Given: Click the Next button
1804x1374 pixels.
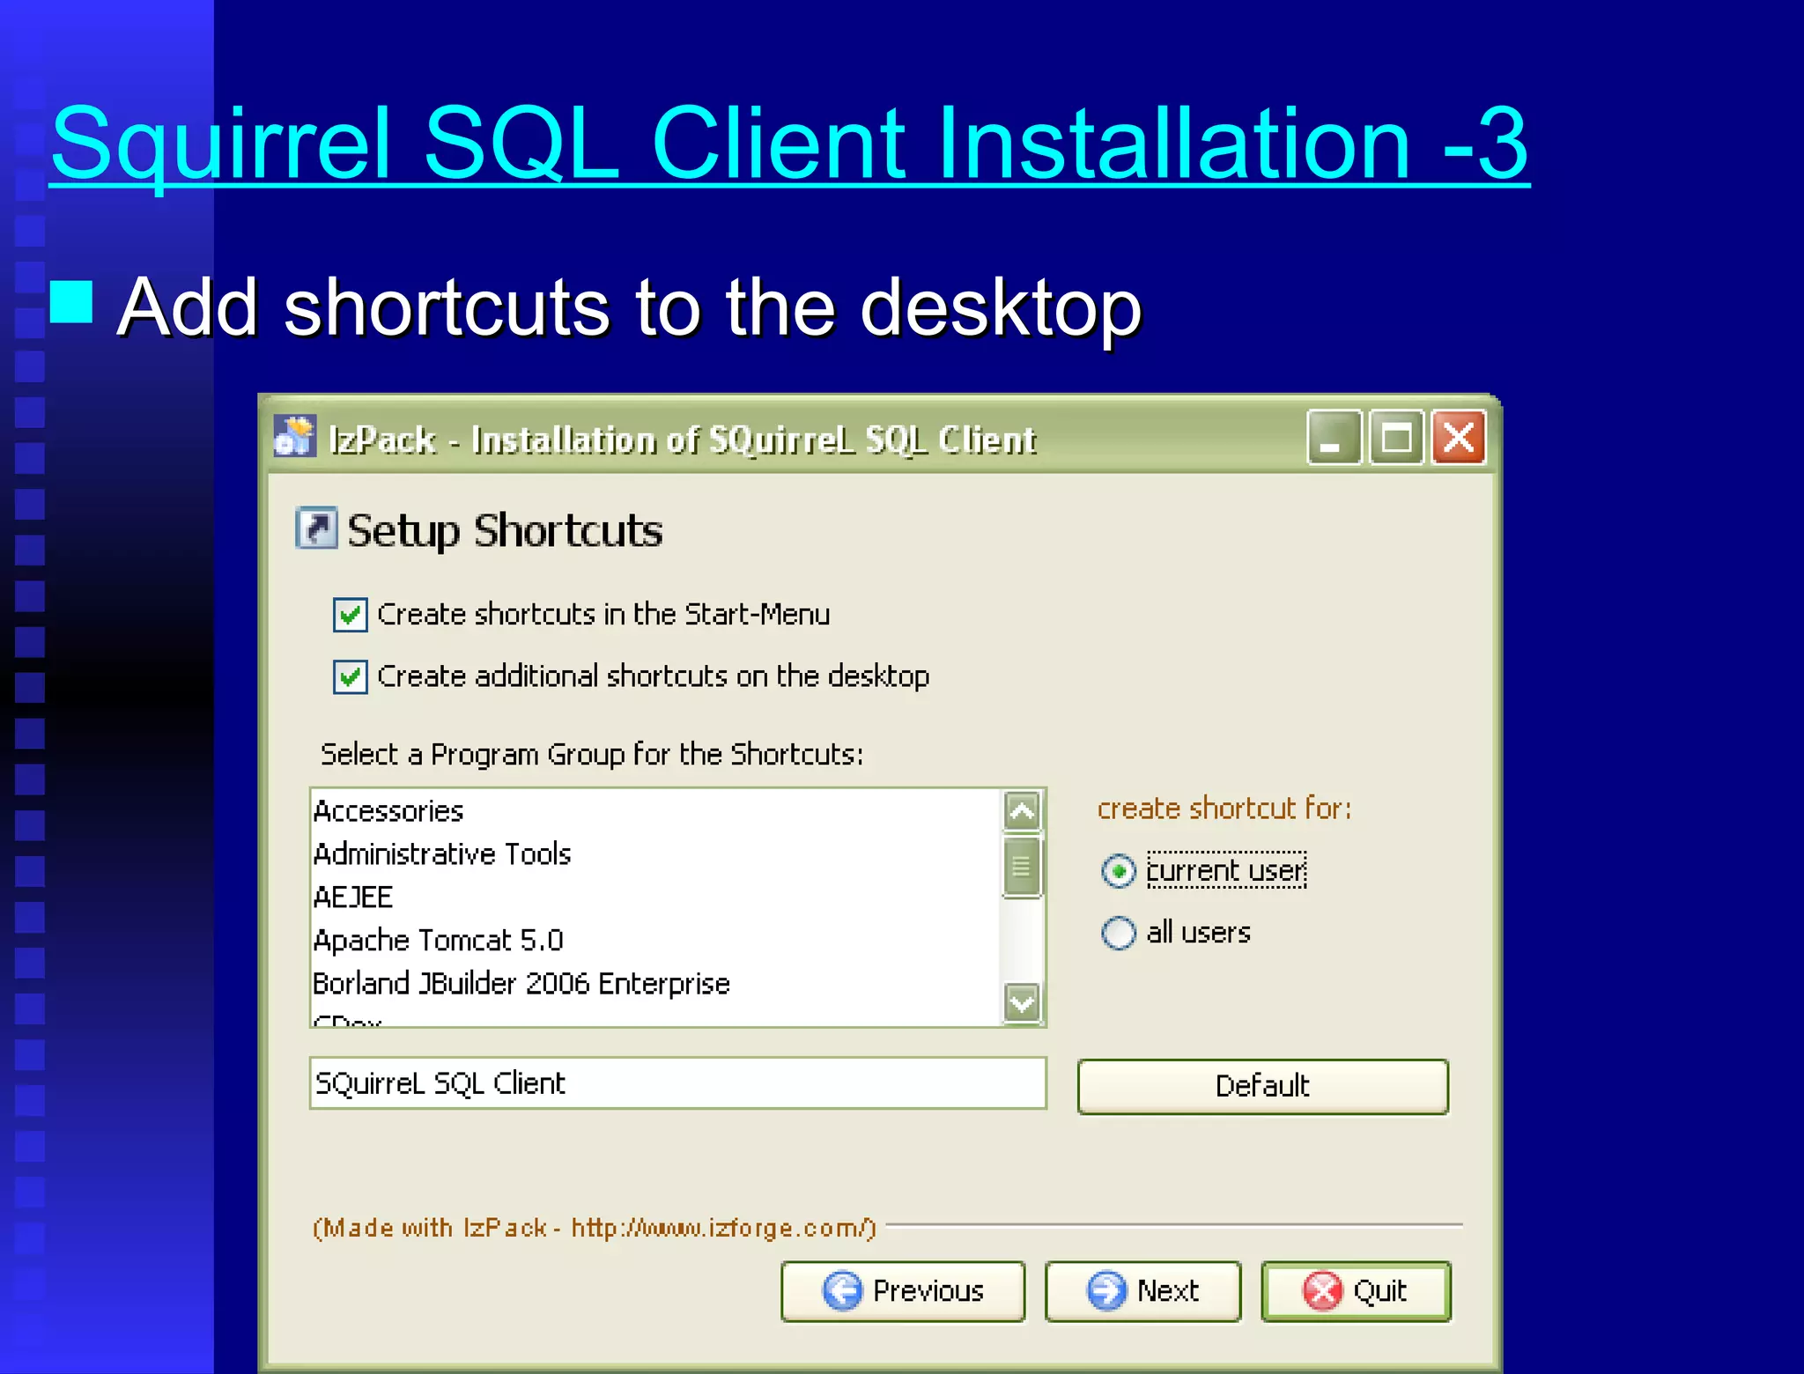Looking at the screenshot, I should coord(1142,1291).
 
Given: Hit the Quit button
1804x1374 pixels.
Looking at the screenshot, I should coord(1356,1291).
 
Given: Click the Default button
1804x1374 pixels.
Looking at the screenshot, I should coord(1262,1086).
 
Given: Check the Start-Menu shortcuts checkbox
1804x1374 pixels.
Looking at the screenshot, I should coord(350,615).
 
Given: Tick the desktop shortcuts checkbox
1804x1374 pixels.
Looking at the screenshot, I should coord(350,676).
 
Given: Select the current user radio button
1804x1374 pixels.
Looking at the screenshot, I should coord(1119,871).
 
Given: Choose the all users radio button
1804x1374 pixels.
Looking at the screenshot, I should coord(1119,933).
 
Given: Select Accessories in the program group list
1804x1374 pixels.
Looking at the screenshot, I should coord(388,811).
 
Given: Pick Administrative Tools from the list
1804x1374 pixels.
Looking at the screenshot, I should coord(442,854).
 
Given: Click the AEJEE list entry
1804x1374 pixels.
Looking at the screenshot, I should coord(353,898).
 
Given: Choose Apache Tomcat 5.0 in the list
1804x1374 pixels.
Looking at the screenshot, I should coord(439,941).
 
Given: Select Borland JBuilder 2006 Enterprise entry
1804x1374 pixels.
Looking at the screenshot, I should coord(521,984).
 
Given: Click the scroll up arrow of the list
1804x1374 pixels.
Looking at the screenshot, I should coord(1022,810).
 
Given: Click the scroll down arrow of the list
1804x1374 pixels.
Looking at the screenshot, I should coord(1022,1002).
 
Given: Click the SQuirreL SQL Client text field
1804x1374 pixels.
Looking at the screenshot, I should coord(676,1083).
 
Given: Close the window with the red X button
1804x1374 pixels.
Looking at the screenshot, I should coord(1459,438).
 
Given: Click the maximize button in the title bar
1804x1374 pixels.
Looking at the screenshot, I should coord(1396,438).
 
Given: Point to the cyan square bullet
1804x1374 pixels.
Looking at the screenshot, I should coord(71,302).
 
